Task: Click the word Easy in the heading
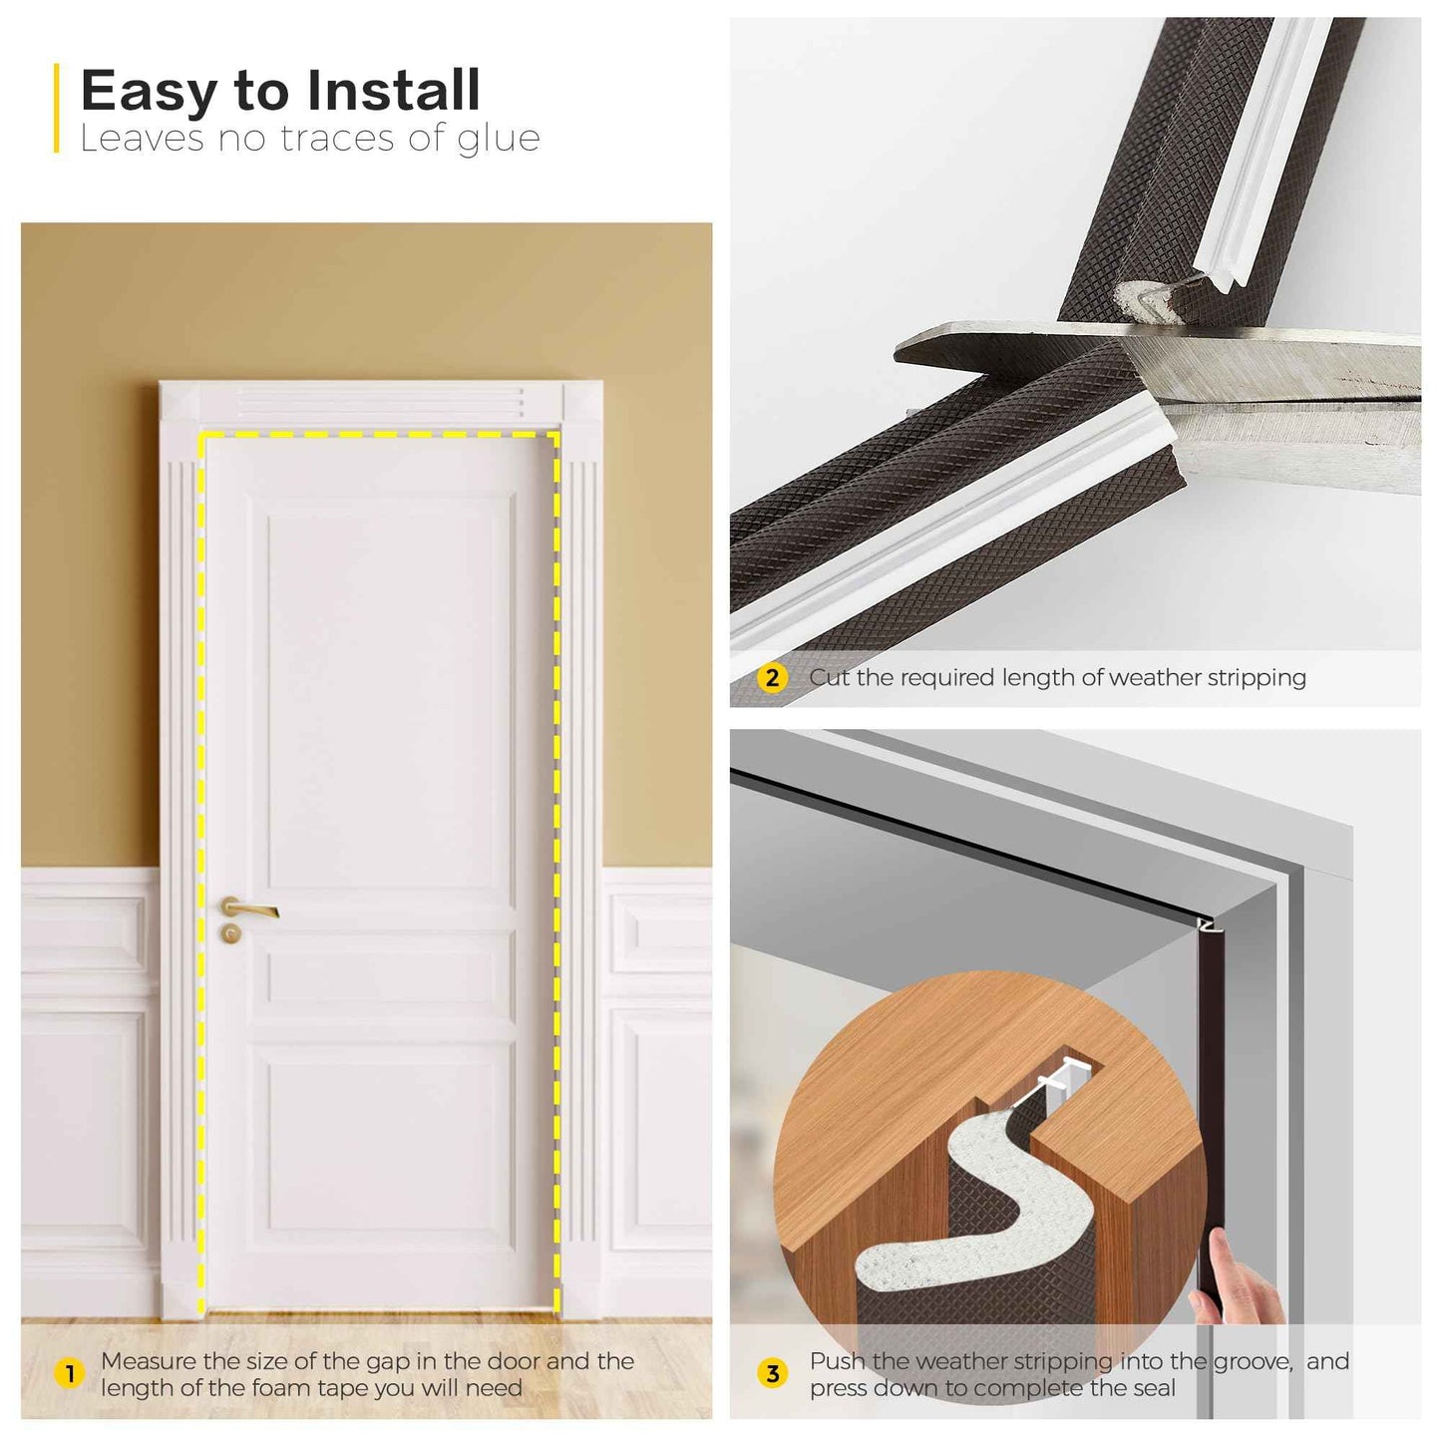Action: pyautogui.click(x=148, y=92)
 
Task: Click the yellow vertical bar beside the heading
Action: pyautogui.click(x=57, y=108)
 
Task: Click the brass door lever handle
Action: pyautogui.click(x=249, y=908)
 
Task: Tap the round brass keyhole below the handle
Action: pyautogui.click(x=231, y=934)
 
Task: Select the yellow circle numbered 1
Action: pyautogui.click(x=69, y=1374)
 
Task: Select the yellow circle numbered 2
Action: pyautogui.click(x=772, y=678)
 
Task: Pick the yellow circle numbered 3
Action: pyautogui.click(x=772, y=1374)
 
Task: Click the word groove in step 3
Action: pyautogui.click(x=1253, y=1361)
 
